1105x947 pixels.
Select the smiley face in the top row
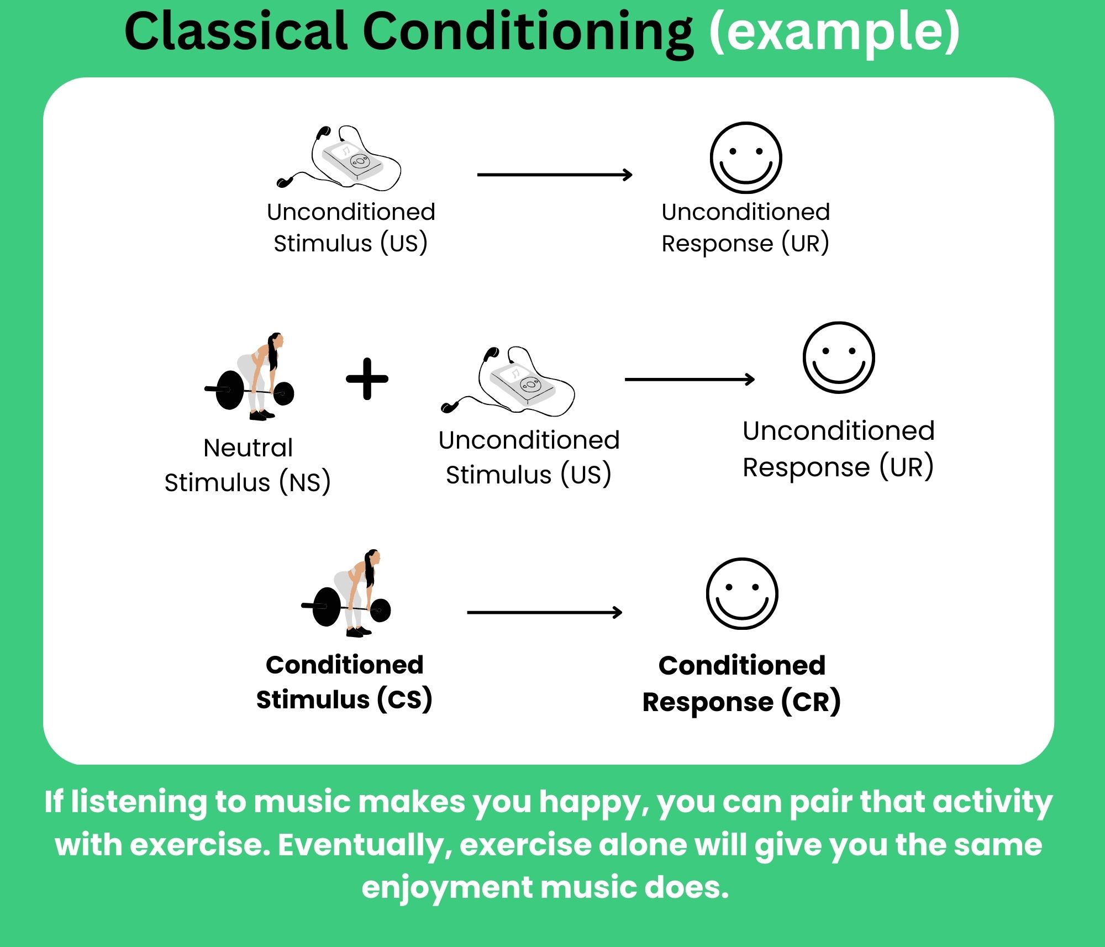746,158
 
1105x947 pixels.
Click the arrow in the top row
554,175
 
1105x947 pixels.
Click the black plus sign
367,379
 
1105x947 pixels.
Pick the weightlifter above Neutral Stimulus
251,378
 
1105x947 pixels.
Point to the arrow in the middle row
689,380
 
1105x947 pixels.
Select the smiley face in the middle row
839,357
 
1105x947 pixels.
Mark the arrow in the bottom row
544,612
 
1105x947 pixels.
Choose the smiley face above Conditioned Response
742,593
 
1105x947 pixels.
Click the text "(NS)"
304,482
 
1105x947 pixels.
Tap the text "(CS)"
404,699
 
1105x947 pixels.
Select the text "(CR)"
811,702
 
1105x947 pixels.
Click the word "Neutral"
248,448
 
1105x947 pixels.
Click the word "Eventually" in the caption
365,845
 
